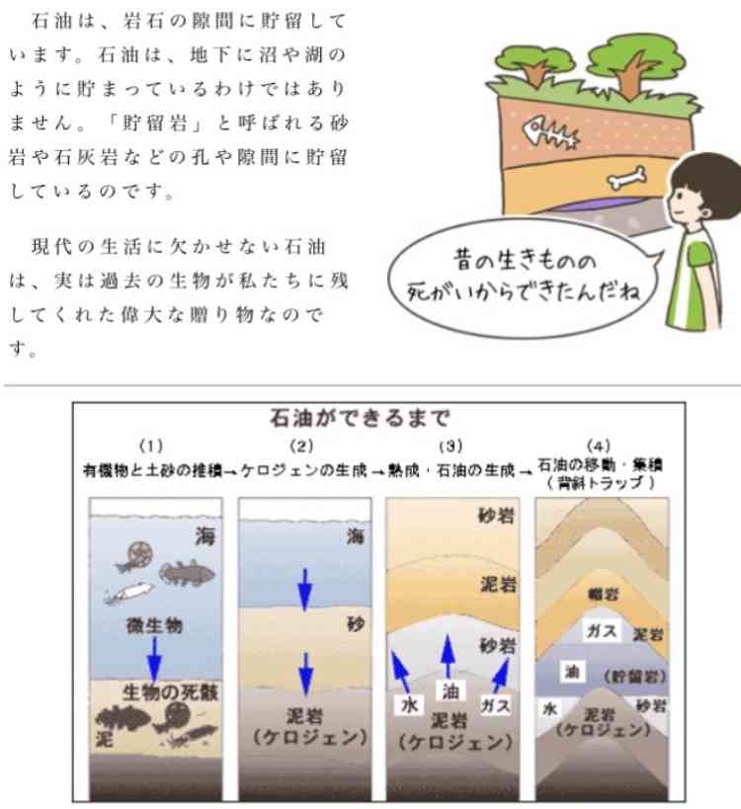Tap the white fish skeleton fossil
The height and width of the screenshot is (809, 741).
pos(550,133)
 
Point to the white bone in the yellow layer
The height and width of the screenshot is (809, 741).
pos(626,178)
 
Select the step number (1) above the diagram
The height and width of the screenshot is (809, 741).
pos(151,445)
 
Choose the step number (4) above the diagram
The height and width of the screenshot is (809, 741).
pos(599,445)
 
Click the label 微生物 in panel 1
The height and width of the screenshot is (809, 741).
pos(154,626)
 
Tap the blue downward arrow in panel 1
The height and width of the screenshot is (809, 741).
pos(154,658)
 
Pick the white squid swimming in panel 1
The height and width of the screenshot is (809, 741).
pos(129,593)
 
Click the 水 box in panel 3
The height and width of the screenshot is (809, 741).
pos(409,705)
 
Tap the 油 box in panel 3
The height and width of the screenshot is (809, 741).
pos(451,691)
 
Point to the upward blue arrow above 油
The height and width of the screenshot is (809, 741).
pos(448,657)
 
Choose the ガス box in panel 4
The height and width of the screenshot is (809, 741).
pos(602,631)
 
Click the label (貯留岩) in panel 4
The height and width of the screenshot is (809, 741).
pos(634,677)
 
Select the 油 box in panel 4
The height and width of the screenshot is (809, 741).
pos(572,672)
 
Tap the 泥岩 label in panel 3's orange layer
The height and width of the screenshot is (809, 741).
pos(499,585)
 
